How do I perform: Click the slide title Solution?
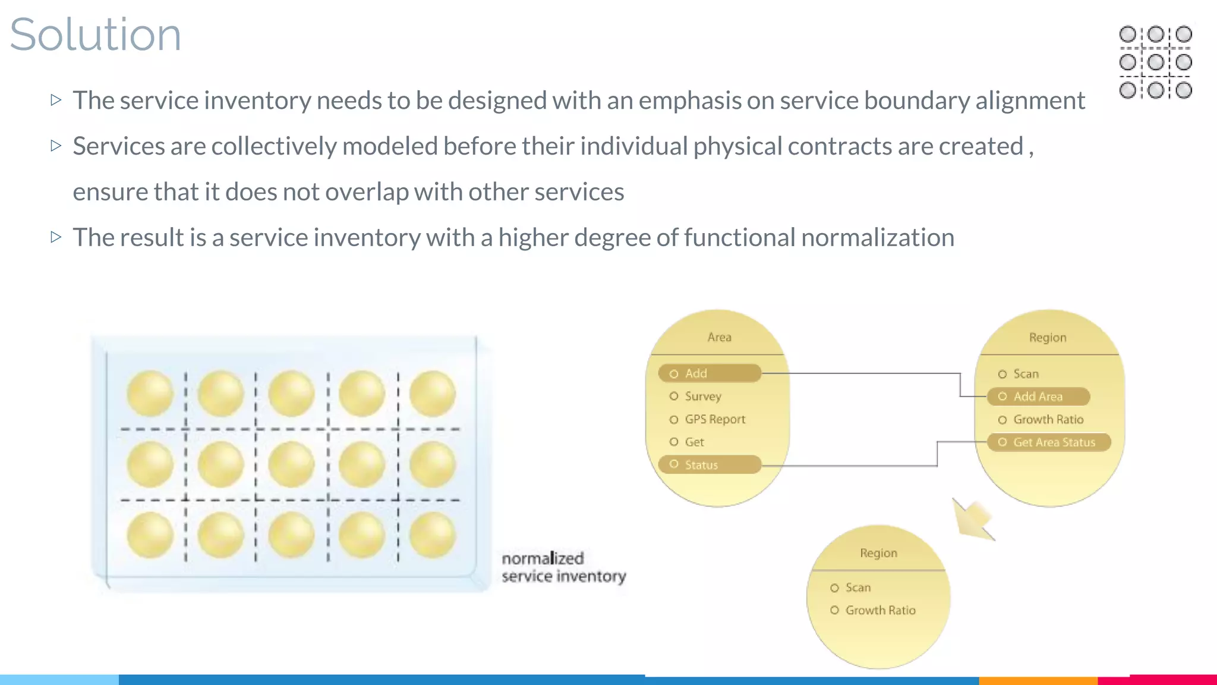pyautogui.click(x=95, y=34)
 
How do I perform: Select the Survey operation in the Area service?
pyautogui.click(x=702, y=396)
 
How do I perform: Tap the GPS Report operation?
pyautogui.click(x=714, y=419)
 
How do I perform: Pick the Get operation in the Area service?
pyautogui.click(x=693, y=442)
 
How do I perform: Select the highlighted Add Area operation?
pyautogui.click(x=1038, y=397)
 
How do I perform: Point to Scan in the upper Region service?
pyautogui.click(x=1025, y=374)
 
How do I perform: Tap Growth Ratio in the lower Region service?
pyautogui.click(x=879, y=610)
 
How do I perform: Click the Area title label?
pyautogui.click(x=719, y=337)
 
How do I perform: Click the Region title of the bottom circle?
pyautogui.click(x=878, y=553)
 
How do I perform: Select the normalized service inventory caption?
pyautogui.click(x=563, y=567)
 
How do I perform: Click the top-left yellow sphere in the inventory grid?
pyautogui.click(x=150, y=393)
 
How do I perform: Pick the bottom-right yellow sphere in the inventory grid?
pyautogui.click(x=432, y=535)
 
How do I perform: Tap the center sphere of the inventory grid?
pyautogui.click(x=291, y=464)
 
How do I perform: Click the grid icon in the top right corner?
pyautogui.click(x=1155, y=62)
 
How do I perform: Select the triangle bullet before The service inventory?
pyautogui.click(x=56, y=100)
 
